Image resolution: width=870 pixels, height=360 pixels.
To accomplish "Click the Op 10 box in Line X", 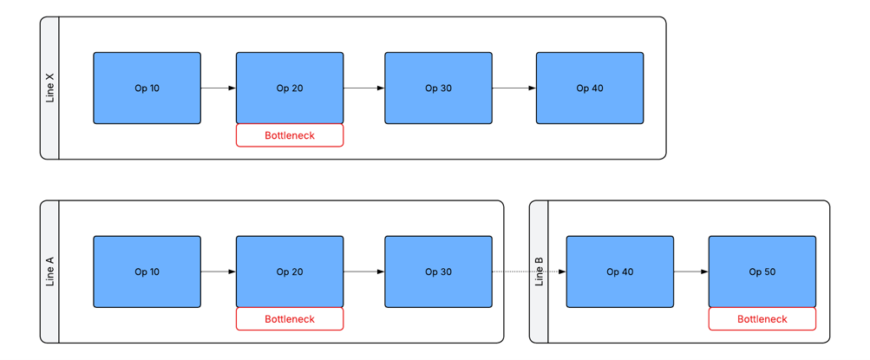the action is pyautogui.click(x=147, y=88).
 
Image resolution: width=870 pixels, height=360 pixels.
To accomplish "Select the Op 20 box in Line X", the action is pyautogui.click(x=290, y=88).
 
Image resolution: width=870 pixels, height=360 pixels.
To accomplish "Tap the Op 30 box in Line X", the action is pyautogui.click(x=438, y=88).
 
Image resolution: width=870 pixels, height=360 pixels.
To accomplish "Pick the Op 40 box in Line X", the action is pyautogui.click(x=590, y=88).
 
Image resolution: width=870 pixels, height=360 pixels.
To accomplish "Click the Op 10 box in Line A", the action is pyautogui.click(x=147, y=272).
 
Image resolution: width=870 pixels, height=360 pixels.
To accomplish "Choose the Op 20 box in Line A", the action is pyautogui.click(x=290, y=272).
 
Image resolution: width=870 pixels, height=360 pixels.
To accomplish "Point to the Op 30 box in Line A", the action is pyautogui.click(x=438, y=272).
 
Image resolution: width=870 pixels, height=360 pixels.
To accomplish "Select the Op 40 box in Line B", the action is pyautogui.click(x=620, y=272).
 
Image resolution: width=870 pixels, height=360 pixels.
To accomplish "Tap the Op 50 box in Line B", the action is pyautogui.click(x=762, y=272).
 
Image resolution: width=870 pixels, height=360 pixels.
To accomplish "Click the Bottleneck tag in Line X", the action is pyautogui.click(x=290, y=135).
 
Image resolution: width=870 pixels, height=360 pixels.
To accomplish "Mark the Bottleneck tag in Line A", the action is pyautogui.click(x=290, y=319).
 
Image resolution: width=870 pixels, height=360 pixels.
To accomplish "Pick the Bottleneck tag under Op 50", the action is pyautogui.click(x=762, y=319).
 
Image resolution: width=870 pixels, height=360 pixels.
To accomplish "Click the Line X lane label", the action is pyautogui.click(x=50, y=88).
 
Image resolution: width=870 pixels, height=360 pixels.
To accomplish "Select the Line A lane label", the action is pyautogui.click(x=50, y=272).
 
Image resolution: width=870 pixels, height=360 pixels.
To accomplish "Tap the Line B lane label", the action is pyautogui.click(x=539, y=272).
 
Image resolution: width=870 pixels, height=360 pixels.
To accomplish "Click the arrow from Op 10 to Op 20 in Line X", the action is pyautogui.click(x=218, y=88).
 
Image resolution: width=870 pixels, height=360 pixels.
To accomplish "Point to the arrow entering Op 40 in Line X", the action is pyautogui.click(x=513, y=88).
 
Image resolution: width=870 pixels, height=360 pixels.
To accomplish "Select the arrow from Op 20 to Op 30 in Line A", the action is pyautogui.click(x=364, y=272).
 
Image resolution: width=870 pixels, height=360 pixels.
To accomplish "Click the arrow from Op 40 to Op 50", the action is pyautogui.click(x=690, y=272).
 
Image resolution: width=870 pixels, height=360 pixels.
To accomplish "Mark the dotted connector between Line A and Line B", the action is pyautogui.click(x=529, y=272).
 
